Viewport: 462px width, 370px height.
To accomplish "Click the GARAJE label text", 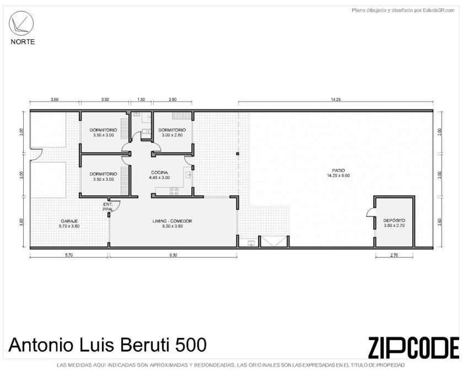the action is [x=69, y=221].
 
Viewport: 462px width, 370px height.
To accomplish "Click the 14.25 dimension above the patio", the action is [x=336, y=99].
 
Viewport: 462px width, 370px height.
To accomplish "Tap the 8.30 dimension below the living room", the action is [x=173, y=255].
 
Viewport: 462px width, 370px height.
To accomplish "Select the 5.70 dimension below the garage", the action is [x=69, y=255].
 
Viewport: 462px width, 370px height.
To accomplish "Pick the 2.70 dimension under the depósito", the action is [x=394, y=255].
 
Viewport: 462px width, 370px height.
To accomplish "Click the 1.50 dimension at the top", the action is [x=141, y=99].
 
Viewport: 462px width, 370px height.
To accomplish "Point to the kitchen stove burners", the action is [x=174, y=191].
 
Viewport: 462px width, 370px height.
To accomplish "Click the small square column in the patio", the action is [x=238, y=154].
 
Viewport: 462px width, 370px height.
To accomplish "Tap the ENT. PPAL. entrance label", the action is [x=108, y=207].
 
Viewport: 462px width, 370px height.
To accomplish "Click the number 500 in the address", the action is [x=191, y=345].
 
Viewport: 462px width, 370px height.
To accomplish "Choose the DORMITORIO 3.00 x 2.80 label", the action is [x=172, y=133].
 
